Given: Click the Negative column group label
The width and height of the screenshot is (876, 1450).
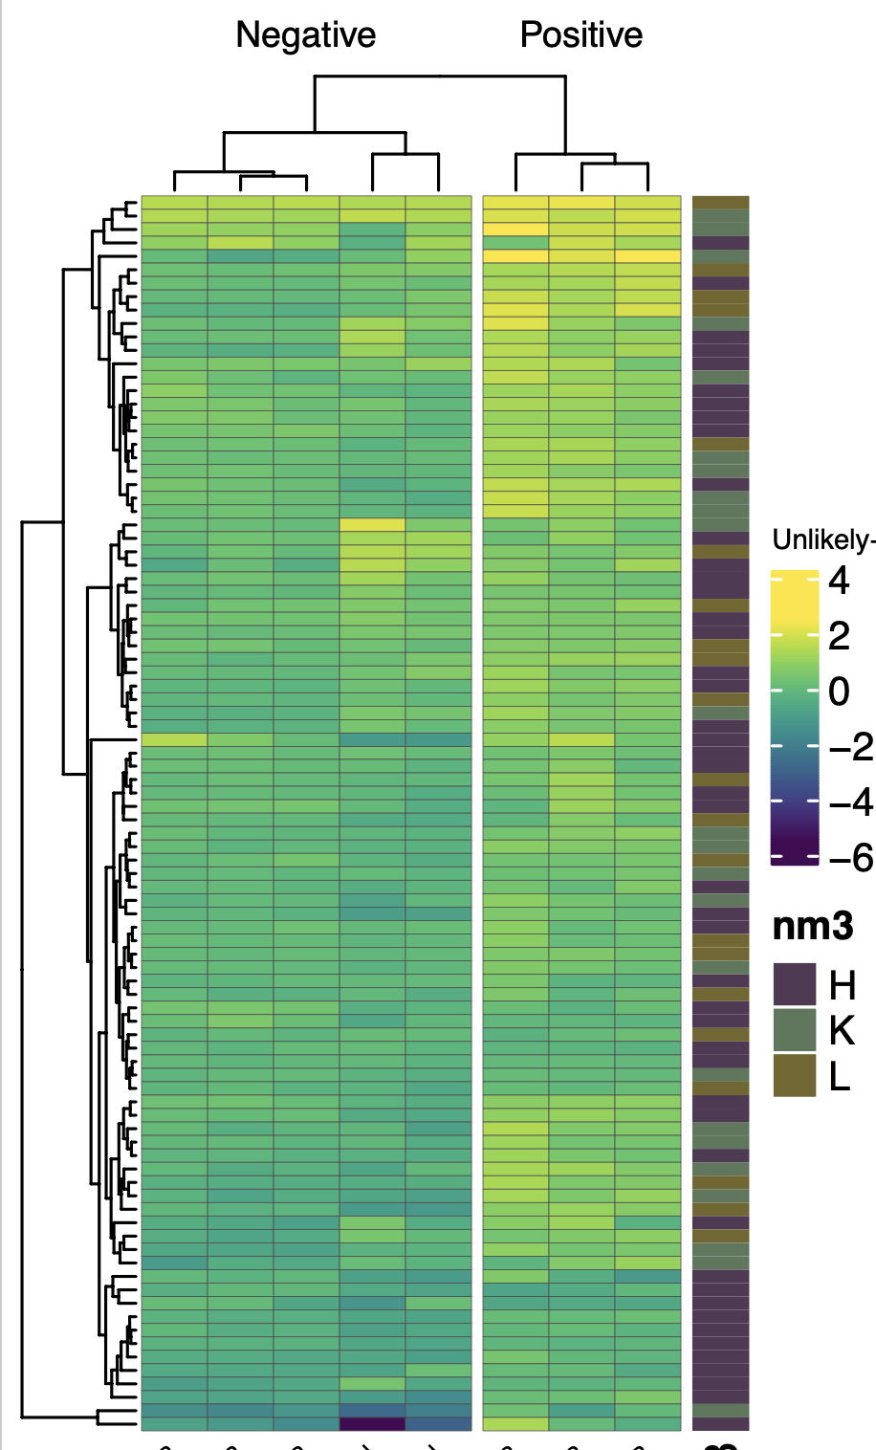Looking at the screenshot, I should coord(306,35).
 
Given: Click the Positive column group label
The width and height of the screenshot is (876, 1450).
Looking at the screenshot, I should coord(580,35).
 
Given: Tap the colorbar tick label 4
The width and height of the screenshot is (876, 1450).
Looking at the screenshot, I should coord(839,581).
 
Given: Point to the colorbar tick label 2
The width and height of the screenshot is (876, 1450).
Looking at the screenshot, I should coord(839,636).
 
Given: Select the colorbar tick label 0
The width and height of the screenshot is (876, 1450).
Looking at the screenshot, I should coord(839,692).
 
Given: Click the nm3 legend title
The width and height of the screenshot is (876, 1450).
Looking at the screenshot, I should coord(813,927).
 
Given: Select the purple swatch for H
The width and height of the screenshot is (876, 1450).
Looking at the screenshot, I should coord(795,985).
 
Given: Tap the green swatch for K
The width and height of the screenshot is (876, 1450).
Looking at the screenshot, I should coord(795,1030).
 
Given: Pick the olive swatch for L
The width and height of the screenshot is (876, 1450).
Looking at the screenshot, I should coord(795,1076).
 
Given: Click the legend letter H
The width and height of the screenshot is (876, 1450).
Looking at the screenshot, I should coord(842,985).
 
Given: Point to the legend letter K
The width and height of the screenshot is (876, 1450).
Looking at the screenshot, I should coord(842,1030).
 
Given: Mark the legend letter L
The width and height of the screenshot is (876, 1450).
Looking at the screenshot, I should coord(840,1076).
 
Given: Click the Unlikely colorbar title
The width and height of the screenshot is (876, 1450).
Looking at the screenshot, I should coord(823,540).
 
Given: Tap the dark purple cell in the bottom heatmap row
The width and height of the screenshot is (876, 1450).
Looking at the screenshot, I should coord(372,1423).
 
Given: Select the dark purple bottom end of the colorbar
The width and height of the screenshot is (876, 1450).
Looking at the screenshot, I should coord(795,857).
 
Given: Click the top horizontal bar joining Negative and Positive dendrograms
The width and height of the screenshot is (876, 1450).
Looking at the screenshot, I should coord(440,76).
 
